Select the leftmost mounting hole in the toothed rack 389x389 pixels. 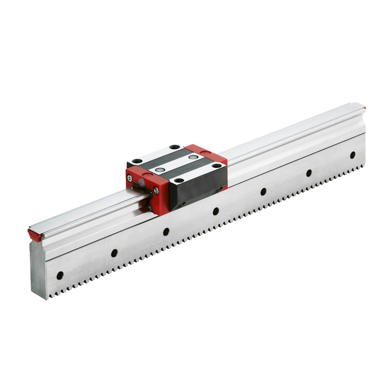coord(60,275)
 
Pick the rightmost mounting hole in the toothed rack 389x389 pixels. coord(352,155)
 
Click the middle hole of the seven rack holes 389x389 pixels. coord(216,211)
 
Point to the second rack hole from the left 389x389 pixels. coord(114,253)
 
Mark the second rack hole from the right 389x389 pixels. coord(309,173)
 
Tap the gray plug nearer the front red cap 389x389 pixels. coord(159,170)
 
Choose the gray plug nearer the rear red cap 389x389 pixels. coord(192,157)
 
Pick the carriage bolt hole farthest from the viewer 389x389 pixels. coord(173,147)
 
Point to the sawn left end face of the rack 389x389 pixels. coord(39,270)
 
